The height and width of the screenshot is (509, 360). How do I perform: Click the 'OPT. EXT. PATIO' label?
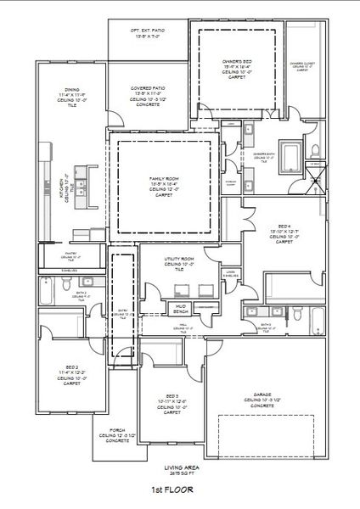point(147,30)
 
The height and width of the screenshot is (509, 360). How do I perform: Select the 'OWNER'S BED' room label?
point(237,62)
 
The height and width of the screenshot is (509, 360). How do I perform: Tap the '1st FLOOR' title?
point(172,489)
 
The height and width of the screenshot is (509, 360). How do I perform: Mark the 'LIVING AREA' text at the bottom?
point(178,467)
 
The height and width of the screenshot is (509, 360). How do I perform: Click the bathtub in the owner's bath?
point(290,156)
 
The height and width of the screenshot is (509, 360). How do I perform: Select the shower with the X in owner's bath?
point(315,175)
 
